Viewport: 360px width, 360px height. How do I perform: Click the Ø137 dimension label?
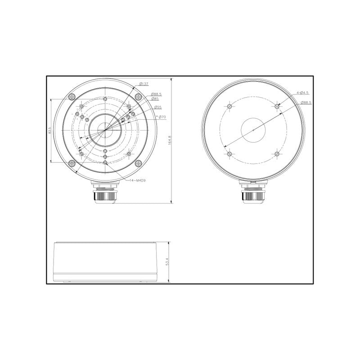click(x=145, y=84)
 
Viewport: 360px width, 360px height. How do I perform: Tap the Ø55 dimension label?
click(x=157, y=107)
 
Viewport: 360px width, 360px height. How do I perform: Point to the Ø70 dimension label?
click(x=162, y=117)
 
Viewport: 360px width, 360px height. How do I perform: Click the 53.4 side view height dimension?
click(x=167, y=262)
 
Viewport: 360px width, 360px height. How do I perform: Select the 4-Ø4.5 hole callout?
click(x=302, y=93)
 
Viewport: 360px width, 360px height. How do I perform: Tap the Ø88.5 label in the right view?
click(x=306, y=103)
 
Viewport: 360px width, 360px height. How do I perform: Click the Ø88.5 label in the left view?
click(x=157, y=94)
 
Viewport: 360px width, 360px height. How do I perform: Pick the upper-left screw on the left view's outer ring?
click(x=72, y=97)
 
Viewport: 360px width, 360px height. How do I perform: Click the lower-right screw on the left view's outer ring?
click(x=138, y=164)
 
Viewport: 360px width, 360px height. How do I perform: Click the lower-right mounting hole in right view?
click(x=277, y=154)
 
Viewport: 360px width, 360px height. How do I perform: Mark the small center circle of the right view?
click(x=253, y=130)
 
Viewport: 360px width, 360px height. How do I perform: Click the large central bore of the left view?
click(x=105, y=130)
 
